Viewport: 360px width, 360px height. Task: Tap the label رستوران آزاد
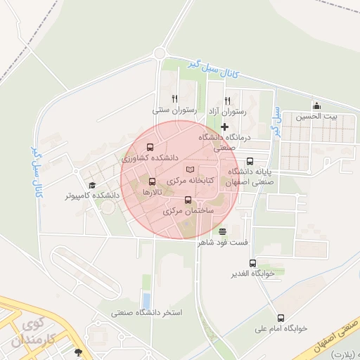[226, 111]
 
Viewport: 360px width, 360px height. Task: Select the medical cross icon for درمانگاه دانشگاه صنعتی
[224, 127]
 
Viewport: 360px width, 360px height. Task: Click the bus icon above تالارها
[153, 181]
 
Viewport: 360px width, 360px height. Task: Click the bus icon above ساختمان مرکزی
[187, 200]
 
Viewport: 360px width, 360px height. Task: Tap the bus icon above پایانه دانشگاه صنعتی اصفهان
[249, 161]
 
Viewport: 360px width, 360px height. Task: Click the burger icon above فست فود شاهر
[223, 231]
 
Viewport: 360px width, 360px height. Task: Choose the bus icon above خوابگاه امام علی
[281, 318]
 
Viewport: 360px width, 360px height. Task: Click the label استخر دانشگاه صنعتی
[147, 311]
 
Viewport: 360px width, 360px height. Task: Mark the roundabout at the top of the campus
[160, 53]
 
